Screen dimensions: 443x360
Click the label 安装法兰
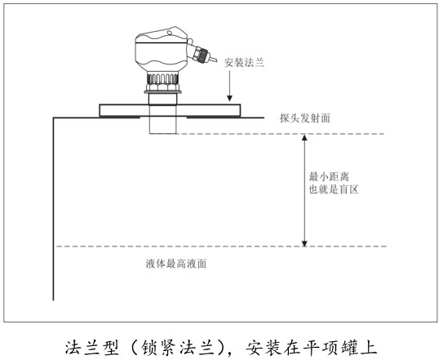click(244, 63)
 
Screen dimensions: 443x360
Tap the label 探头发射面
click(305, 118)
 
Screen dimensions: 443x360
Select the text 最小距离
click(329, 177)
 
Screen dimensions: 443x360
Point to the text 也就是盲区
click(334, 189)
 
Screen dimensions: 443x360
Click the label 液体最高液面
click(176, 264)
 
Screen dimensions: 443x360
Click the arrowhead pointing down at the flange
click(230, 98)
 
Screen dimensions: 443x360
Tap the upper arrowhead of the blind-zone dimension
click(304, 137)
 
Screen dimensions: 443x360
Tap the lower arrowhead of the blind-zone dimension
click(304, 242)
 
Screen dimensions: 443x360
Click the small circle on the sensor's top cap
click(169, 33)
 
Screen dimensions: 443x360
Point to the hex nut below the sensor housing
click(162, 87)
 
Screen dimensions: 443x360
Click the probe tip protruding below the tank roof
click(162, 125)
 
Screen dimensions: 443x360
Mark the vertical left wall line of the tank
click(53, 209)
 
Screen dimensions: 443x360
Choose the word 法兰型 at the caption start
click(92, 348)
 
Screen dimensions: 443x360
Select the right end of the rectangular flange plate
click(240, 110)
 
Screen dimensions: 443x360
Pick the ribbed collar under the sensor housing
click(162, 78)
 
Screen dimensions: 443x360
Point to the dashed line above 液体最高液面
click(221, 247)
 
